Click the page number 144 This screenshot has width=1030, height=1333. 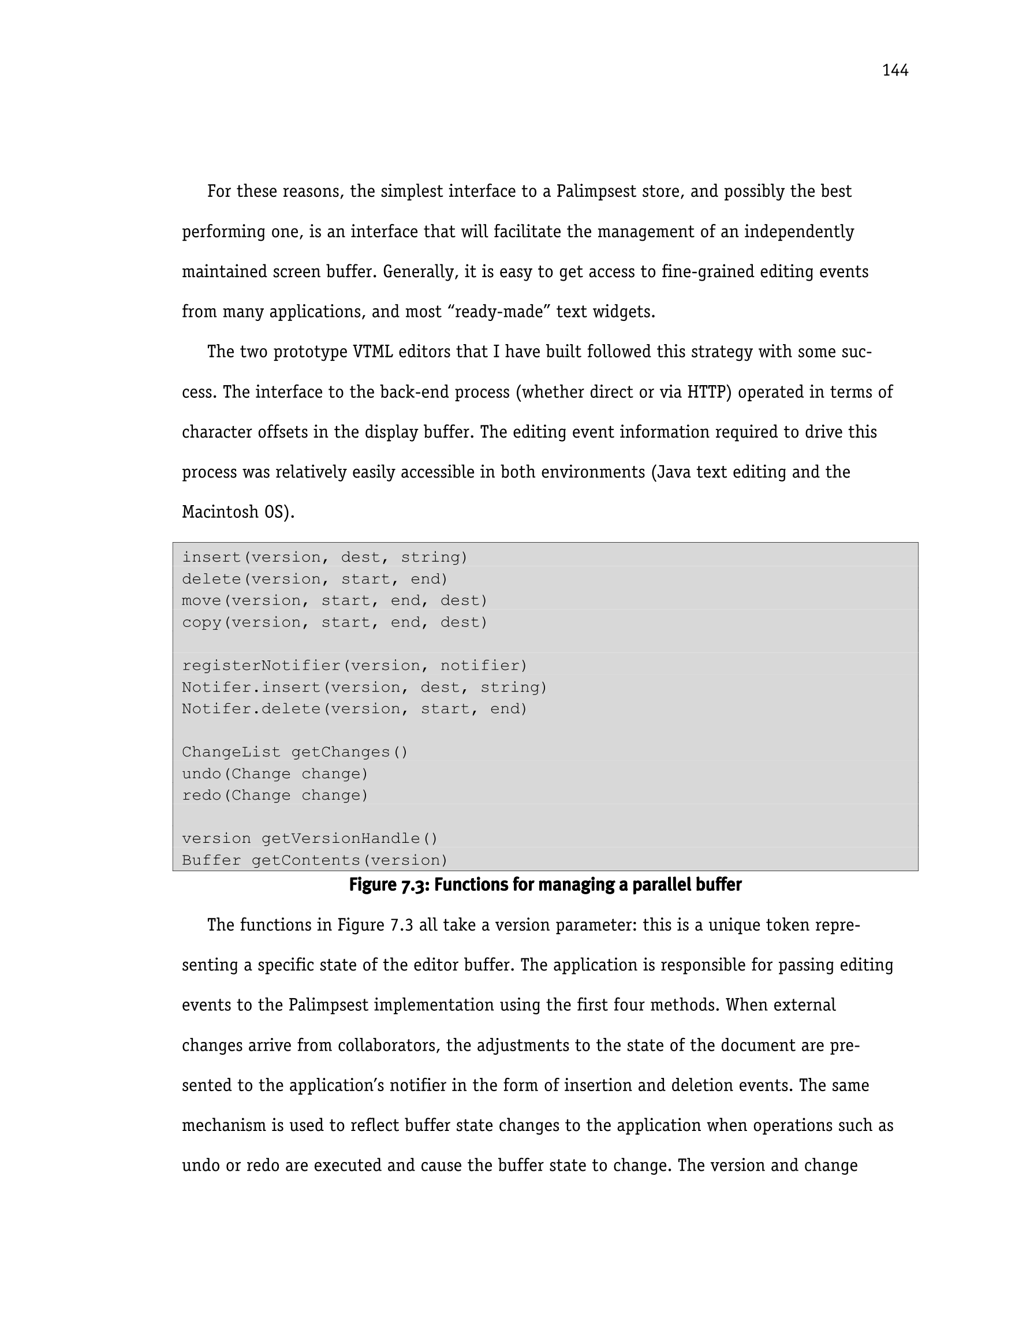point(894,71)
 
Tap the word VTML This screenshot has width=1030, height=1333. point(372,352)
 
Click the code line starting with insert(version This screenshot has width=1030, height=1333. point(324,557)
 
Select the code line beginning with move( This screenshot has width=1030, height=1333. point(335,600)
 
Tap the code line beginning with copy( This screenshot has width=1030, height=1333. point(335,622)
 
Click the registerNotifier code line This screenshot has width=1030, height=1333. point(354,665)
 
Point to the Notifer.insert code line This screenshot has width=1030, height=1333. point(364,687)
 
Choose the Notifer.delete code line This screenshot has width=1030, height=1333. point(354,708)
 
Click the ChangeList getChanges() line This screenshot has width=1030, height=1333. point(294,752)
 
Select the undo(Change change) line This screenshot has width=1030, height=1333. point(275,774)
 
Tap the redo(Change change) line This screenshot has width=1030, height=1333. point(275,796)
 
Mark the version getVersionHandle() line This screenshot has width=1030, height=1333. point(309,839)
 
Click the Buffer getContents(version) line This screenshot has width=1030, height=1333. point(315,860)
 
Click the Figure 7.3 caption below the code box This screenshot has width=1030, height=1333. point(544,884)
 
